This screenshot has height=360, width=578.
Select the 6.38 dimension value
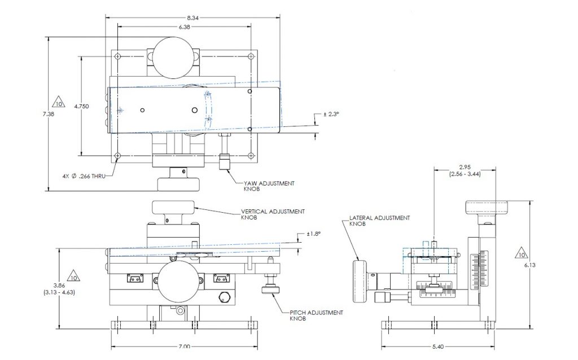[x=185, y=27]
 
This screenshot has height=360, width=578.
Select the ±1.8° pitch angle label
[x=314, y=234]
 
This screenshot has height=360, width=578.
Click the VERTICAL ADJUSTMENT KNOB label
[x=273, y=214]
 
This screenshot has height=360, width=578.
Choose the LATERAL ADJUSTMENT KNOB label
[x=379, y=220]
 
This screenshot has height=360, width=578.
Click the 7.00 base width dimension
[x=184, y=347]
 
